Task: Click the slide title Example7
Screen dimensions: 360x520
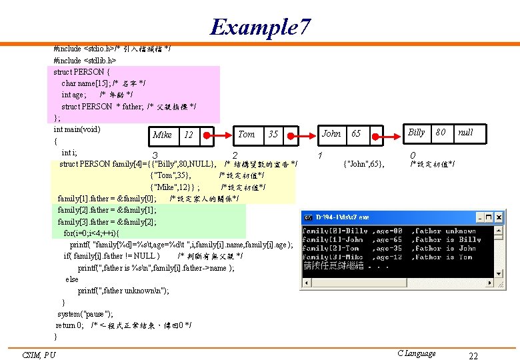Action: click(260, 27)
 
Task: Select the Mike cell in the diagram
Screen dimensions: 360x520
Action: click(162, 135)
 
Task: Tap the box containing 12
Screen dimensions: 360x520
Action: click(189, 135)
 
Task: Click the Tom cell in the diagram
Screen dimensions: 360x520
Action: click(247, 134)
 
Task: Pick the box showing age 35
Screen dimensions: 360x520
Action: click(273, 134)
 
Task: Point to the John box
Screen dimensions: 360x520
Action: click(331, 133)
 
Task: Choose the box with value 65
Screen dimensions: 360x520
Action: click(356, 133)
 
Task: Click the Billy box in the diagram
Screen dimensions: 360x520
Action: click(416, 132)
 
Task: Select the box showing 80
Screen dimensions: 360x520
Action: click(440, 132)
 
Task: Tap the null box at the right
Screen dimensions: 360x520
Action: click(465, 132)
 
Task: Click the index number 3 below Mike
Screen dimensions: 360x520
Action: click(155, 156)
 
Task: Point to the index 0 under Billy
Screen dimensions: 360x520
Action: click(413, 155)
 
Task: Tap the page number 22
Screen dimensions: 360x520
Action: click(473, 356)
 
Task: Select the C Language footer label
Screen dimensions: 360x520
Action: click(416, 353)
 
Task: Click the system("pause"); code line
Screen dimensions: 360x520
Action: click(85, 313)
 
